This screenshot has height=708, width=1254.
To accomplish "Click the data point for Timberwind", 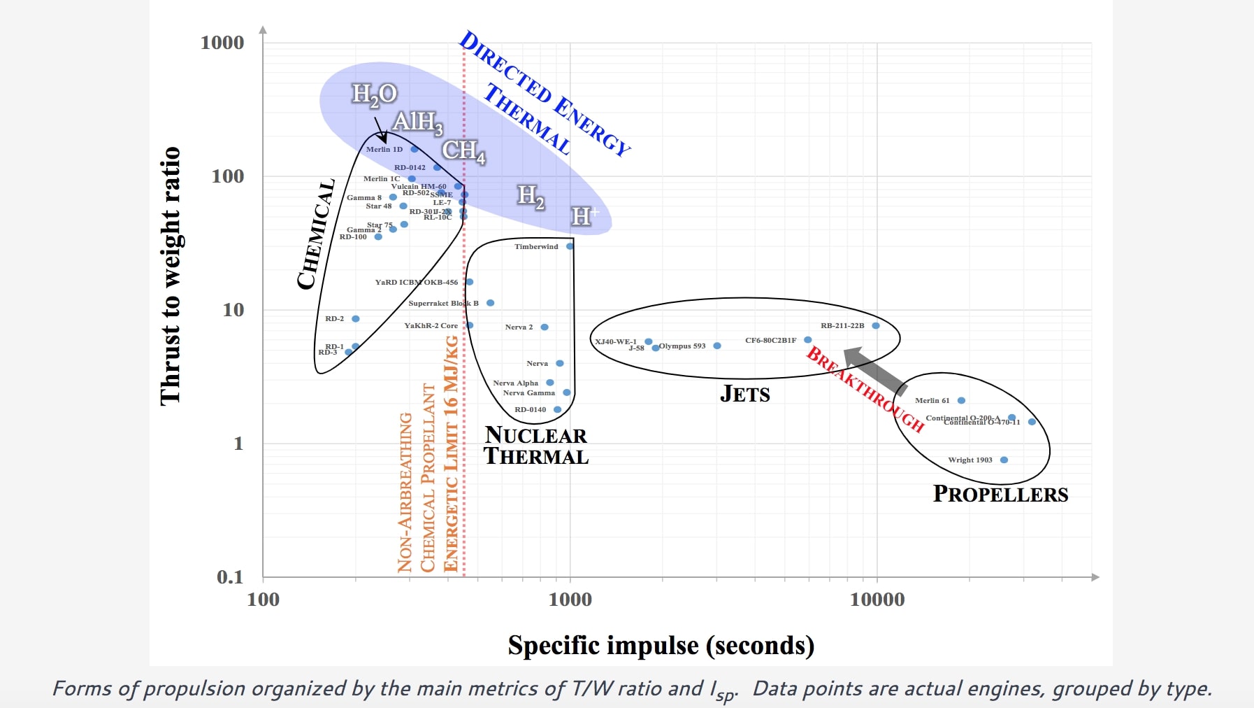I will [570, 246].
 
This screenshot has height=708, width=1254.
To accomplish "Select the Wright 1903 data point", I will [1004, 460].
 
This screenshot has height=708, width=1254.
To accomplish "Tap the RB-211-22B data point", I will [875, 325].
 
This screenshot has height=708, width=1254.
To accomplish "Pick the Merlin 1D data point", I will [414, 149].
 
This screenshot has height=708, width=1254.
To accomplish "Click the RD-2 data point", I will [355, 318].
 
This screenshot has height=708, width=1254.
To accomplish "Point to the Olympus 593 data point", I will [716, 346].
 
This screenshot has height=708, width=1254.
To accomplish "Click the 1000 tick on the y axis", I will [222, 43].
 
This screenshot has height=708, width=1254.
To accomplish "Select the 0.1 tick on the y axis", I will [230, 577].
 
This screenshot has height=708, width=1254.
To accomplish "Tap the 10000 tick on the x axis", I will [877, 600].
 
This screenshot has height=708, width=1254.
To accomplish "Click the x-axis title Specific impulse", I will [661, 645].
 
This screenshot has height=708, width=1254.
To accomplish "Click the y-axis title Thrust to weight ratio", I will [170, 276].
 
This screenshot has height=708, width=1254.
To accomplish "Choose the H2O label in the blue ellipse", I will [374, 94].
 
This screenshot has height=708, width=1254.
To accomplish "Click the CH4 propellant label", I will [463, 151].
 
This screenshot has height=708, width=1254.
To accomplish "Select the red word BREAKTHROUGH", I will [865, 389].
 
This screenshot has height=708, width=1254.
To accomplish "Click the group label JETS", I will [744, 394].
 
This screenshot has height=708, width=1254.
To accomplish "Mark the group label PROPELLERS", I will [1000, 494].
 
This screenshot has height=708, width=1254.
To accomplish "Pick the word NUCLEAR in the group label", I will [535, 435].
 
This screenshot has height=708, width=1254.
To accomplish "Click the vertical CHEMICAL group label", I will [315, 234].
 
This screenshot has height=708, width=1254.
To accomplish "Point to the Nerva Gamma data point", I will [566, 392].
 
